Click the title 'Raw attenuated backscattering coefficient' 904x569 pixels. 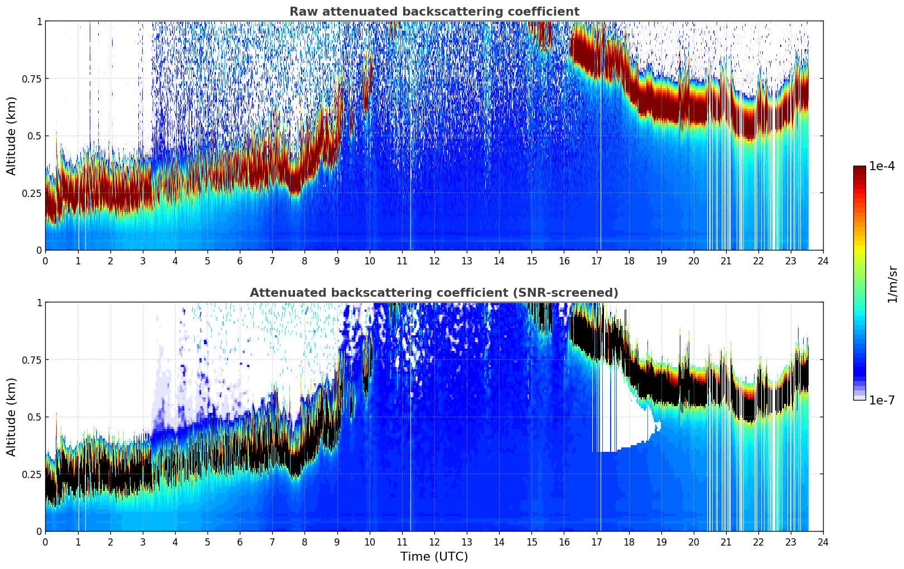pyautogui.click(x=434, y=12)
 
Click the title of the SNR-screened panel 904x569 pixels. pyautogui.click(x=434, y=293)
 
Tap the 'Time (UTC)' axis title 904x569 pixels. pyautogui.click(x=434, y=557)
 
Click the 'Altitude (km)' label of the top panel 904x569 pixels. pyautogui.click(x=11, y=136)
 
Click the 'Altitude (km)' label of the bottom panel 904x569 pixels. pyautogui.click(x=11, y=417)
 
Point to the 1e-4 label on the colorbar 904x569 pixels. pyautogui.click(x=882, y=166)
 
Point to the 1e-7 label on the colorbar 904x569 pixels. pyautogui.click(x=882, y=400)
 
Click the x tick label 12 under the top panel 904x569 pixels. pyautogui.click(x=434, y=261)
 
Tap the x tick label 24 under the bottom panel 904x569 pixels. pyautogui.click(x=823, y=542)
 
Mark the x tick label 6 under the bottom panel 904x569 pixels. pyautogui.click(x=240, y=542)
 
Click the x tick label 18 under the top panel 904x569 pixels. pyautogui.click(x=629, y=261)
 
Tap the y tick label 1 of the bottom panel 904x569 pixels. pyautogui.click(x=39, y=303)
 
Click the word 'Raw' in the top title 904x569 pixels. pyautogui.click(x=301, y=12)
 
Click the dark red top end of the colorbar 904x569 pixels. pyautogui.click(x=859, y=168)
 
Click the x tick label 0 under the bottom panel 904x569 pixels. pyautogui.click(x=45, y=542)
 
